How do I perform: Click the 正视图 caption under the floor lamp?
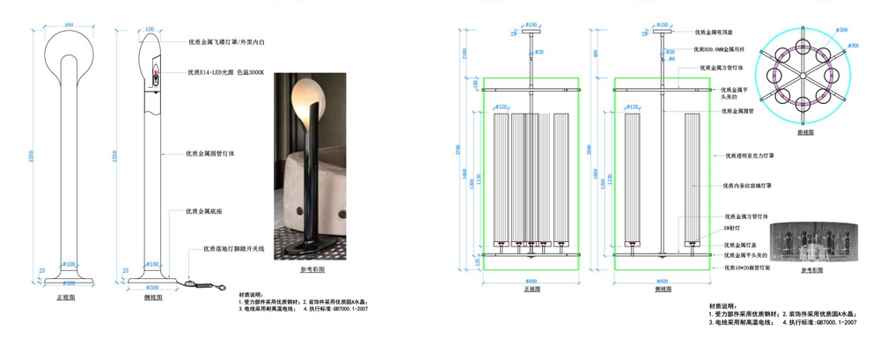[x=65, y=298]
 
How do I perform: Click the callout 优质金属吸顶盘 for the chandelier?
[x=719, y=32]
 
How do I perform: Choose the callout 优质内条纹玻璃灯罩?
[x=748, y=186]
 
